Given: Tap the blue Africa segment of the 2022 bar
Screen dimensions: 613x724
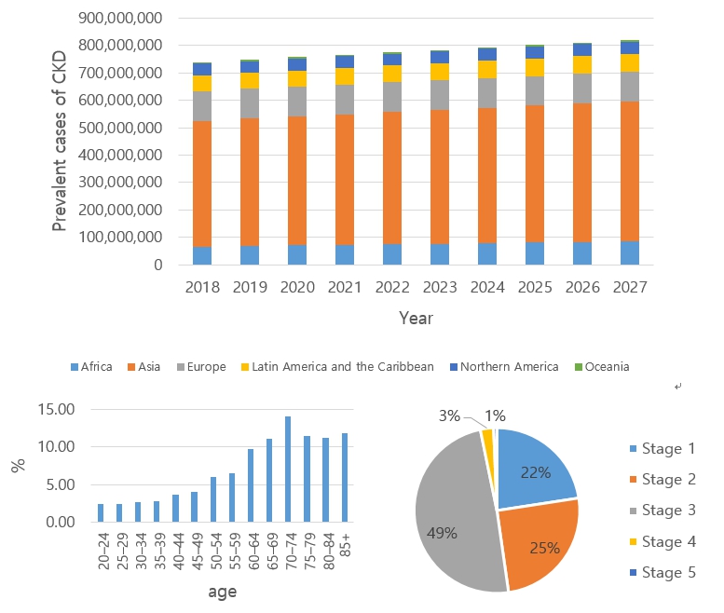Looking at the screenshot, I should click(392, 254).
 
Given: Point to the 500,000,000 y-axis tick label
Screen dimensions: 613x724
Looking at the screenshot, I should click(123, 100).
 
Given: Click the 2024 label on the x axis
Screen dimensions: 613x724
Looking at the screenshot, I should click(487, 287).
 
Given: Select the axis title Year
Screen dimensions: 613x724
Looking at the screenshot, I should click(416, 318).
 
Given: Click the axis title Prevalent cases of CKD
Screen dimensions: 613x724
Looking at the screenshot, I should click(60, 140).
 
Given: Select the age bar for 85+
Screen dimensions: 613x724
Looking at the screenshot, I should click(345, 477).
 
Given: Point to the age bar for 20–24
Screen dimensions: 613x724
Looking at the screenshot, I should click(100, 512).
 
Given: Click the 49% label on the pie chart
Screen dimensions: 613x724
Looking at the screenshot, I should click(442, 534).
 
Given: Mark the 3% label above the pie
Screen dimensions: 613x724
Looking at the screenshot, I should click(448, 415).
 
